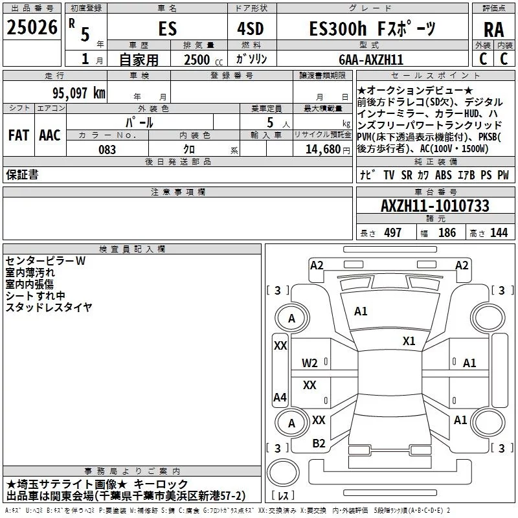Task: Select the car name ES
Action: tap(166, 29)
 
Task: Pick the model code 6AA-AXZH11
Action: tap(371, 60)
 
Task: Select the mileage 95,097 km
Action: tap(78, 93)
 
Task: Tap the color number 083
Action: tap(107, 150)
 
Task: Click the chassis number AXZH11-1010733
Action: tap(434, 207)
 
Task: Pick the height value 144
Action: tap(499, 233)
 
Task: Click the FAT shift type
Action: tap(18, 135)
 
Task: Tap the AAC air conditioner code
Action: tap(49, 135)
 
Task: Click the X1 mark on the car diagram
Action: tap(409, 341)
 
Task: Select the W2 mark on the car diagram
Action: tap(310, 363)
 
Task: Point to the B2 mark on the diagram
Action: tap(319, 444)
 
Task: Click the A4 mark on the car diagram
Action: tap(280, 397)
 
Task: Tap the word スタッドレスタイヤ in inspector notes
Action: tap(49, 308)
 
